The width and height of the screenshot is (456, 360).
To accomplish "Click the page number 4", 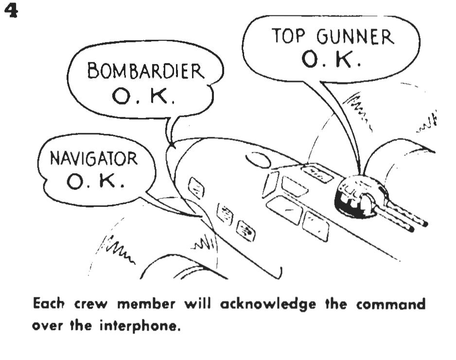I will (10, 11).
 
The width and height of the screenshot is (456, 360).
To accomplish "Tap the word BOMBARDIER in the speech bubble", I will (145, 71).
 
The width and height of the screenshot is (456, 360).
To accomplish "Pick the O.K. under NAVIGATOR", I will (95, 182).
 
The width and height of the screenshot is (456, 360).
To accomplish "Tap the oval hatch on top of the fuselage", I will (258, 159).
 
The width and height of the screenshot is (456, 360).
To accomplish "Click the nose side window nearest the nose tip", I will (196, 188).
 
